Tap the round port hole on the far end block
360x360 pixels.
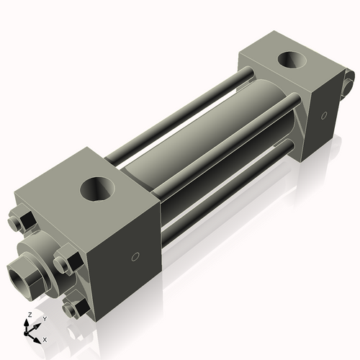pyautogui.click(x=292, y=60)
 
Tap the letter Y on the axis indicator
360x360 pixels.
pyautogui.click(x=44, y=318)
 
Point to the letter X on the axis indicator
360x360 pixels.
pyautogui.click(x=45, y=338)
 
